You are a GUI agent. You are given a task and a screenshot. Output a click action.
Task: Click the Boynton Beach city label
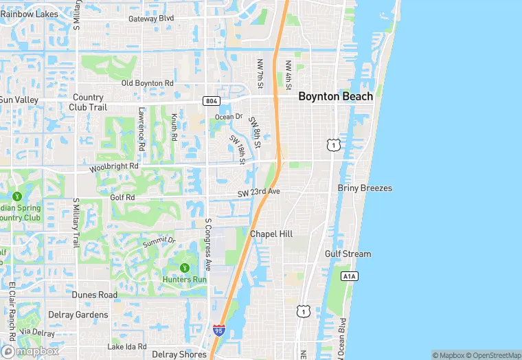point(335,97)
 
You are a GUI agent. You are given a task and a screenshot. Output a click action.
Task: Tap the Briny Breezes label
point(365,188)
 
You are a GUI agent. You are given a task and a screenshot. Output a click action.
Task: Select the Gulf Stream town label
point(348,254)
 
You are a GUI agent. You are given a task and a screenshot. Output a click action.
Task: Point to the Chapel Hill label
point(271,234)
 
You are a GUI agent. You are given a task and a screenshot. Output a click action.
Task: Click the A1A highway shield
point(349,275)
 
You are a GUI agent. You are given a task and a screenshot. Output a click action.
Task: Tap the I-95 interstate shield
point(218,330)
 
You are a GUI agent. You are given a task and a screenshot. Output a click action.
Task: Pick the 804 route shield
point(211,101)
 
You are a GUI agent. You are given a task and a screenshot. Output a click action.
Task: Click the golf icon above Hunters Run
point(184,267)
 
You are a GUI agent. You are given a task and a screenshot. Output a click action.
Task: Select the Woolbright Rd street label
point(113,167)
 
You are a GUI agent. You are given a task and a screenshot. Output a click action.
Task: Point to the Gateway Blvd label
point(151,19)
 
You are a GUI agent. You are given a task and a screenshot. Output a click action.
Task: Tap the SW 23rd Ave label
point(259,192)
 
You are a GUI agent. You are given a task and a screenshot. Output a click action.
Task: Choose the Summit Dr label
point(159,241)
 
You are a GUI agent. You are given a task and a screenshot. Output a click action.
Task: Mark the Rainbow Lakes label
point(29,13)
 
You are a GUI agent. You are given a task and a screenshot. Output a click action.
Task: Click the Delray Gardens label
point(78,315)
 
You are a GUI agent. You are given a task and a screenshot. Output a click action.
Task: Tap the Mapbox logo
point(30,351)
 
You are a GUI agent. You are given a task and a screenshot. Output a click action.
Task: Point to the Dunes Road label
point(95,295)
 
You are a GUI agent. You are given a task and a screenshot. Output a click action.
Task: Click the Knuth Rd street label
point(174,128)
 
